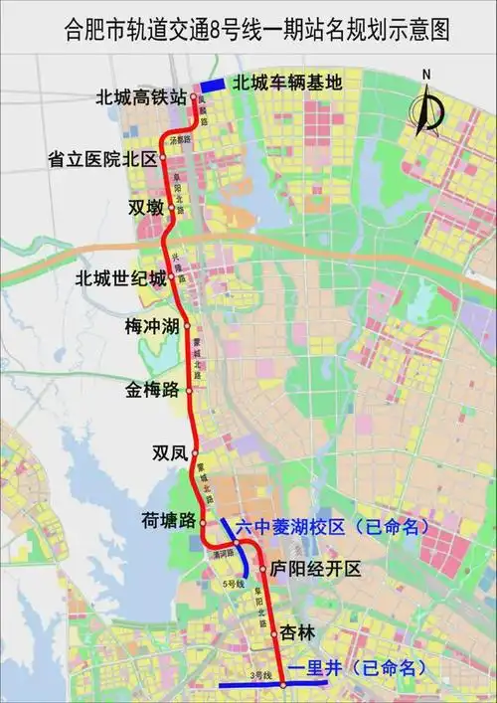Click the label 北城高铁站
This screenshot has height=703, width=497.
[x=141, y=97]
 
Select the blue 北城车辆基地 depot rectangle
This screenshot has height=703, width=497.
[x=212, y=85]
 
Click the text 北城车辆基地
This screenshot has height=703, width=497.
[x=288, y=84]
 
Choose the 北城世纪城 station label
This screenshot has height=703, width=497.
[x=121, y=278]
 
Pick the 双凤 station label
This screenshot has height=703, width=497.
[x=169, y=453]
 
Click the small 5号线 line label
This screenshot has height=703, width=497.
[x=235, y=584]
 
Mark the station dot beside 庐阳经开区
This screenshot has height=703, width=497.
[x=262, y=570]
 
